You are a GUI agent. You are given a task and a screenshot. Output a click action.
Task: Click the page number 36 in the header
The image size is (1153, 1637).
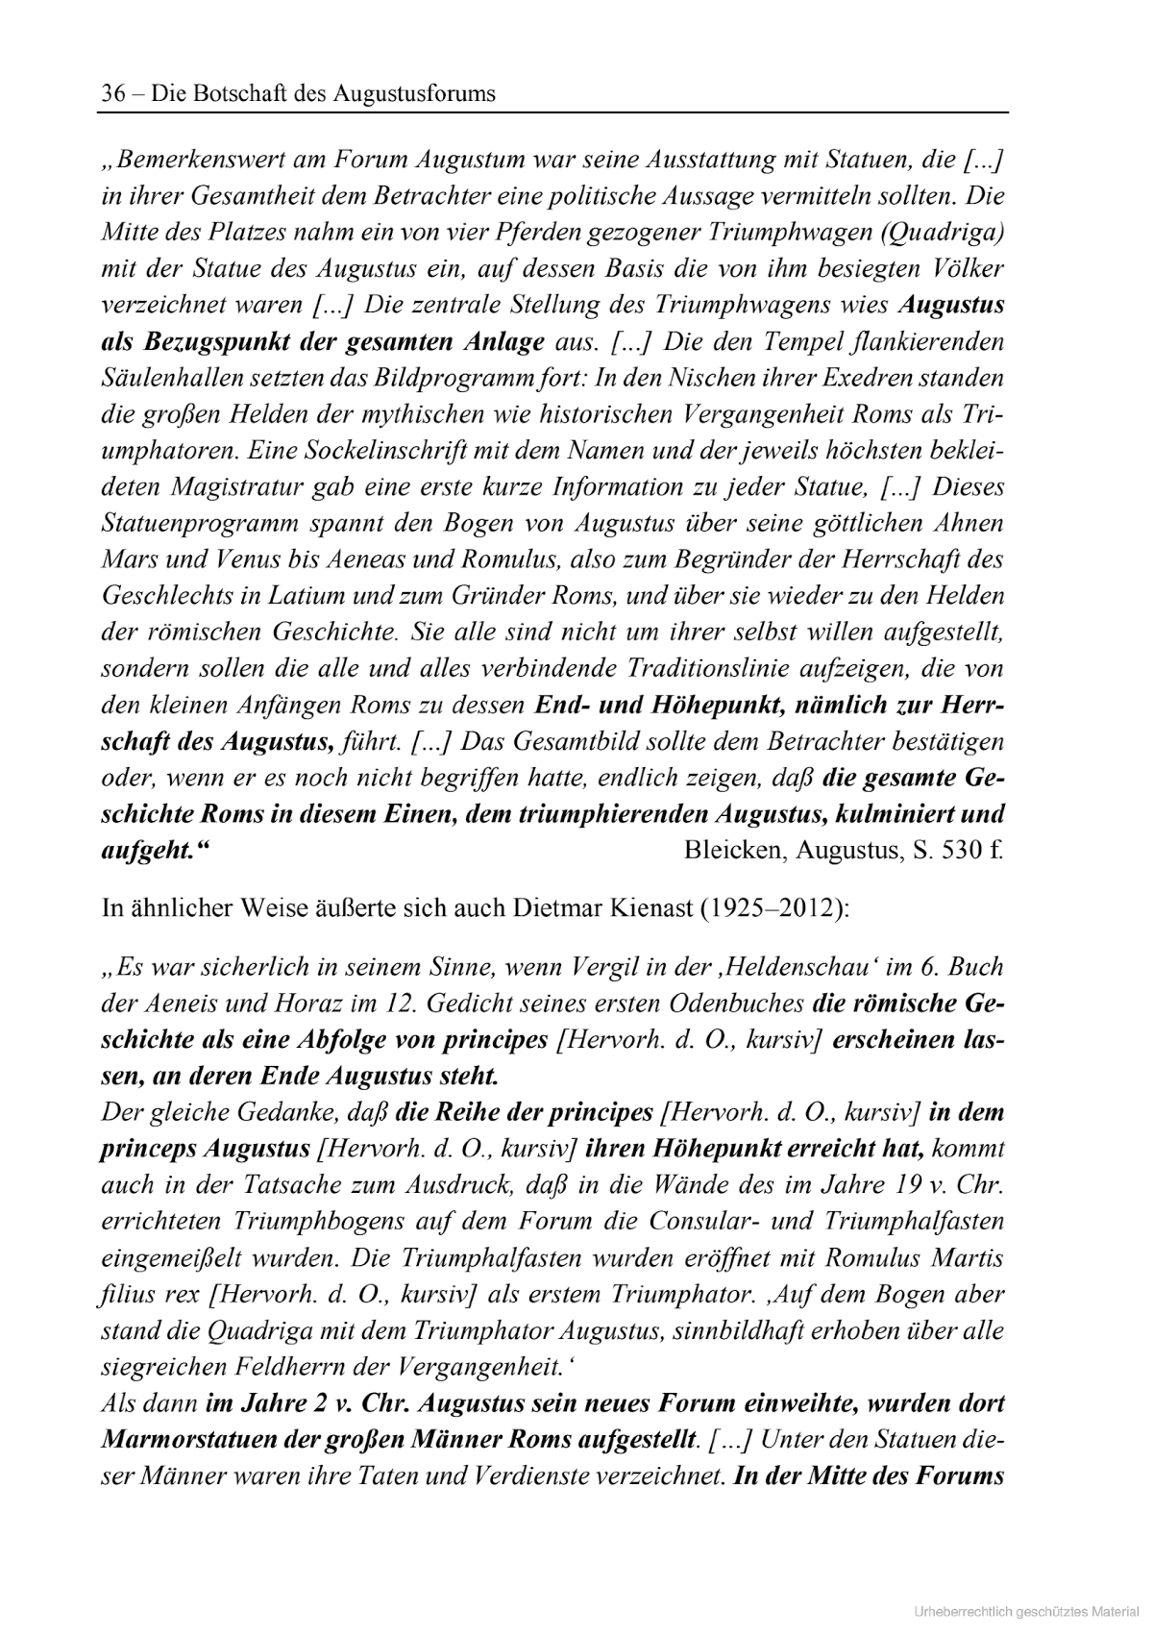(x=113, y=93)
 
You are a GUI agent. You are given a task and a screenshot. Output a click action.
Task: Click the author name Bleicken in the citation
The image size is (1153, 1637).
(x=732, y=851)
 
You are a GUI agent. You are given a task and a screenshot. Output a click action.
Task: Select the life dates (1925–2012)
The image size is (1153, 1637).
(x=775, y=907)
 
